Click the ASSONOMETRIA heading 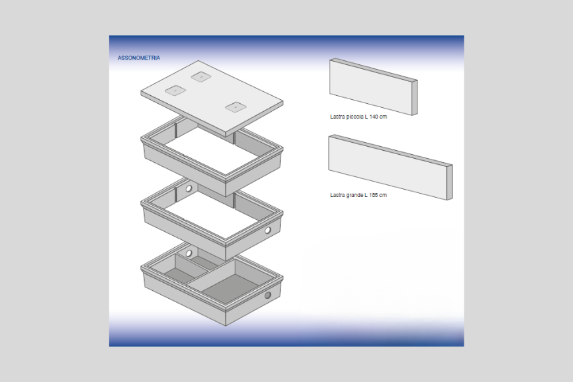coord(139,58)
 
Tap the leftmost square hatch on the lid coord(176,90)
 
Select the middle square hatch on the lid coord(201,77)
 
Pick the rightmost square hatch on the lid coord(236,107)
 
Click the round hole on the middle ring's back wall coord(189,188)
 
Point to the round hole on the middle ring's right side coord(267,231)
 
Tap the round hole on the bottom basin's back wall coord(189,253)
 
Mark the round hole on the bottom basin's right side coord(267,295)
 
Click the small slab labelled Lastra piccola coord(373,87)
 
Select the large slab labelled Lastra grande coord(390,168)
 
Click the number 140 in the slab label coord(373,117)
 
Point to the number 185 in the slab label coord(373,195)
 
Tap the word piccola coord(355,117)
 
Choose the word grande coord(355,195)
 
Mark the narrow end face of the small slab coord(415,97)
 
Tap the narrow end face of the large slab coord(450,182)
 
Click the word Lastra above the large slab coord(337,195)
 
